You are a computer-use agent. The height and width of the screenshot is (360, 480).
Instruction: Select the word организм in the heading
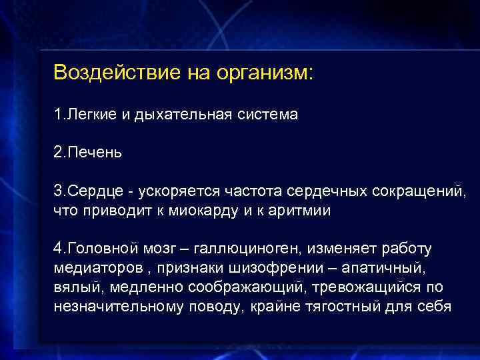(263, 72)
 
